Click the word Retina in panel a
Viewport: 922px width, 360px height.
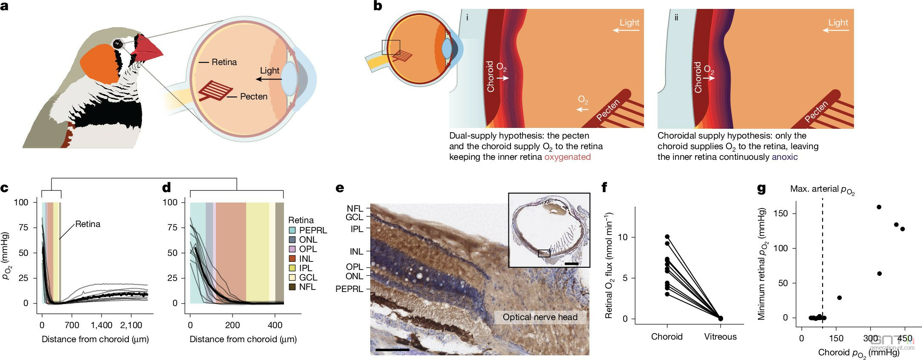tap(224, 62)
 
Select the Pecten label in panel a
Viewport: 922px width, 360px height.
tap(253, 96)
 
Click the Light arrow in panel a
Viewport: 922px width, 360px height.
tap(269, 79)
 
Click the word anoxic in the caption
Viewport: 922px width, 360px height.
tap(785, 157)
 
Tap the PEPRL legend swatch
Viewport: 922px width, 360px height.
tap(292, 230)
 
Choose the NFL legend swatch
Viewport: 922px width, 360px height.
tap(292, 287)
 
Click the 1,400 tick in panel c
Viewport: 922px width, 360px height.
tap(102, 325)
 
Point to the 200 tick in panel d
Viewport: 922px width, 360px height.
tap(233, 325)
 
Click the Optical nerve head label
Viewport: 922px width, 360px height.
tap(540, 317)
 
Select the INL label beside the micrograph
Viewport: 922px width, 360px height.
tap(356, 252)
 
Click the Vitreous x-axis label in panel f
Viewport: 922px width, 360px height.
tap(720, 337)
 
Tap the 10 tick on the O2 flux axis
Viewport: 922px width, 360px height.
tap(621, 237)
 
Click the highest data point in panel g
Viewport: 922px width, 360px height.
tap(879, 207)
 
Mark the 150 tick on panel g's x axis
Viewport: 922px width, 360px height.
tap(837, 338)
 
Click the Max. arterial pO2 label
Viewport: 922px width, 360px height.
tap(822, 189)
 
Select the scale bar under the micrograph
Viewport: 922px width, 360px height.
tap(392, 350)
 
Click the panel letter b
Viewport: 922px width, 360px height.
tap(377, 6)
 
